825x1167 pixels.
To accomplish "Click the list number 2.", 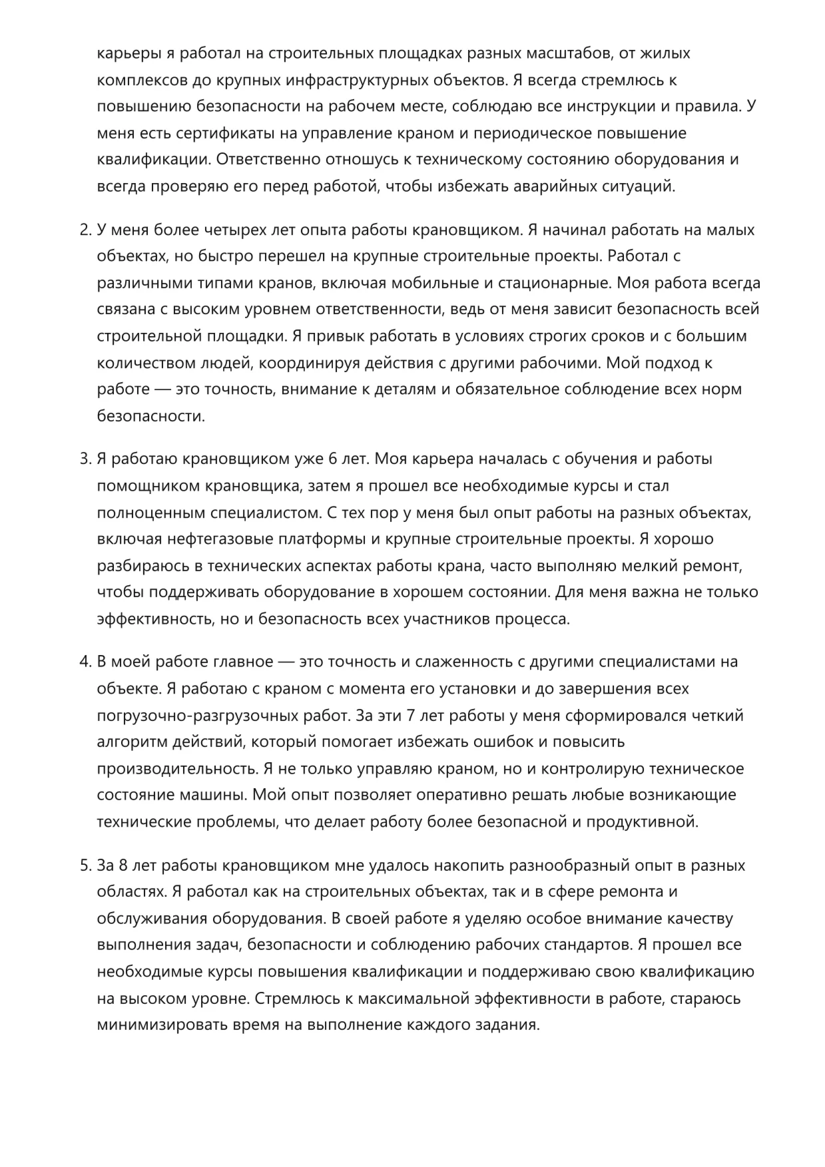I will tap(84, 230).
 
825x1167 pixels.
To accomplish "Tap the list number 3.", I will tap(84, 459).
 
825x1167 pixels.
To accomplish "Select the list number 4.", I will tap(84, 662).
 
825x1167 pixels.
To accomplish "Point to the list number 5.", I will tap(84, 865).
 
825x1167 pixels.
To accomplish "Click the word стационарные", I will tap(557, 283).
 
